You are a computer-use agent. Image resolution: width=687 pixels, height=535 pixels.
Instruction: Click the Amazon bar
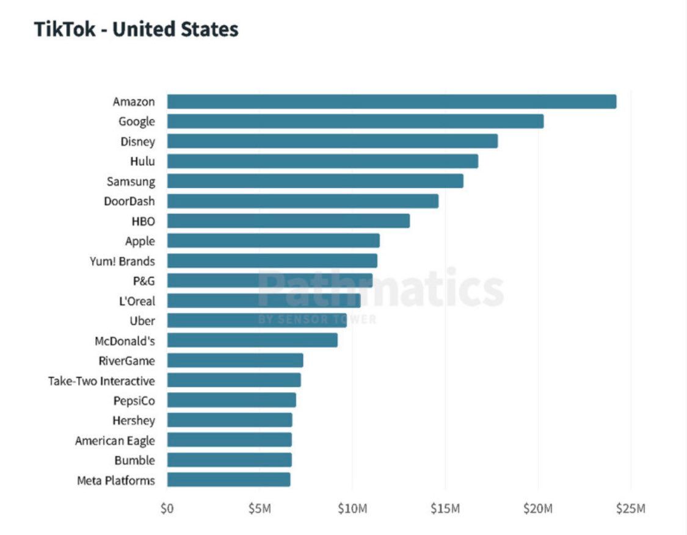click(x=391, y=102)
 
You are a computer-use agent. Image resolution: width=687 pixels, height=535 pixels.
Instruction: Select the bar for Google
click(x=355, y=121)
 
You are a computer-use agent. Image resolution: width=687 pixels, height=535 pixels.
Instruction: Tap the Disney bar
click(x=332, y=142)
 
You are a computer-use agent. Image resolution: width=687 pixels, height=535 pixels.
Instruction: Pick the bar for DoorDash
click(x=302, y=201)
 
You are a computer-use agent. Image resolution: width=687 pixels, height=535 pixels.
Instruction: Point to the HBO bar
click(x=288, y=221)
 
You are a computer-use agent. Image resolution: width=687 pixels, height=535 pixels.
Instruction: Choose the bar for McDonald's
click(x=252, y=340)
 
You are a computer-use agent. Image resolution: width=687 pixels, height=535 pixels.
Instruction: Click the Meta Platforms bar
click(x=228, y=479)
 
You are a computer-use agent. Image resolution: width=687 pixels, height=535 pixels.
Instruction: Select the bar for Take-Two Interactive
click(x=234, y=380)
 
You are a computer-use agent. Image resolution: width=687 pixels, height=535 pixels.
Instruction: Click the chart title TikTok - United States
click(x=136, y=29)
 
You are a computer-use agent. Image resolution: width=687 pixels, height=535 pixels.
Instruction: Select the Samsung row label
click(x=131, y=181)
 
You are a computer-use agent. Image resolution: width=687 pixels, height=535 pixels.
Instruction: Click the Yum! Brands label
click(x=122, y=261)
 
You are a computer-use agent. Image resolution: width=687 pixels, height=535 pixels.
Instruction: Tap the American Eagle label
click(x=115, y=440)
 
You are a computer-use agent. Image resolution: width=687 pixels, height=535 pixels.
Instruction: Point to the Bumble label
click(x=134, y=460)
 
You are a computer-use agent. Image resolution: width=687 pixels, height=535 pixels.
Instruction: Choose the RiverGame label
click(x=126, y=361)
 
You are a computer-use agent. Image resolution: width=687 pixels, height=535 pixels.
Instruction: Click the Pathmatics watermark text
click(x=380, y=288)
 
